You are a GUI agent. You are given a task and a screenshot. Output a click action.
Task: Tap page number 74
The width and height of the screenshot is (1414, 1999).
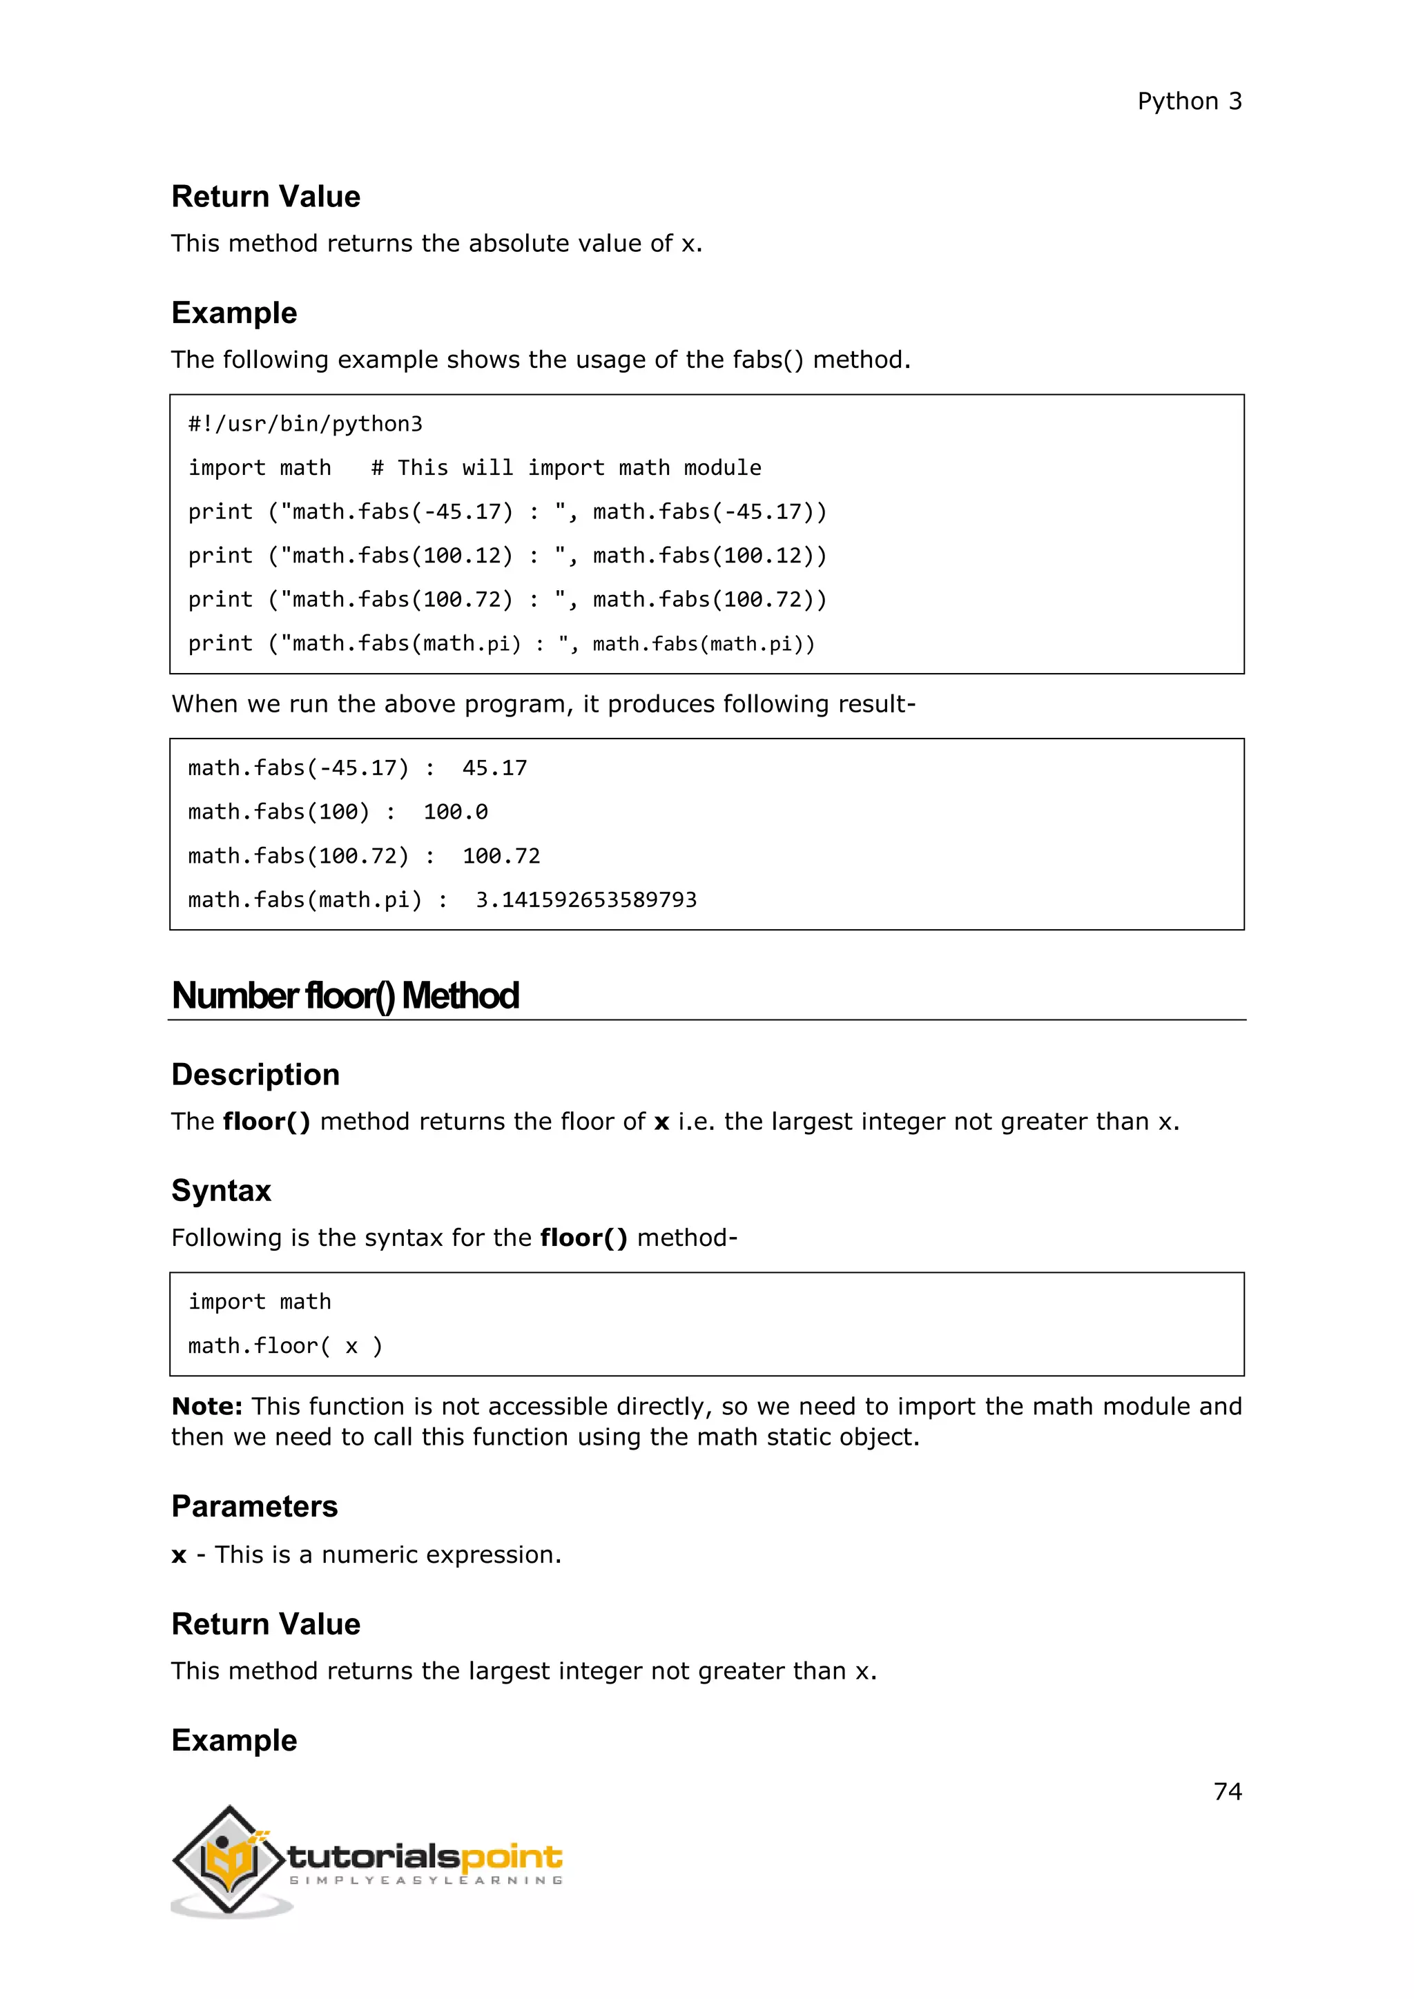pos(1227,1791)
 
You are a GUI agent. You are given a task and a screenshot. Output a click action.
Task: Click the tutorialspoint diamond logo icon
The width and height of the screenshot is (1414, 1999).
pos(229,1859)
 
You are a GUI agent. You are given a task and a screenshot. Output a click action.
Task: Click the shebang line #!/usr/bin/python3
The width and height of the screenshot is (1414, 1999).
pos(304,424)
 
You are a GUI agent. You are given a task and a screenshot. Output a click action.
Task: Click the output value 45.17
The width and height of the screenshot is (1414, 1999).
pos(494,768)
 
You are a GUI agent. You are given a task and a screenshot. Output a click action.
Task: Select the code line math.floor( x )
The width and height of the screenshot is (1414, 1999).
pos(284,1346)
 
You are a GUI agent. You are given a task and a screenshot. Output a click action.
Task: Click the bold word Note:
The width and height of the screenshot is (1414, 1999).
pos(206,1406)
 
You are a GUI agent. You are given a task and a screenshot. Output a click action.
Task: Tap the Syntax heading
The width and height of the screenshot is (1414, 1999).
pos(221,1190)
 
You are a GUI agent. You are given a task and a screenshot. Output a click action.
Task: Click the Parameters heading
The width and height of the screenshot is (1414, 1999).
pos(254,1506)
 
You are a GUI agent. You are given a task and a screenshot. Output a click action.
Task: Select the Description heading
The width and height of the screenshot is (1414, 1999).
pos(255,1074)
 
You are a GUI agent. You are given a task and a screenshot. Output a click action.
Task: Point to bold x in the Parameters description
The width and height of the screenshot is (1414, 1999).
pos(180,1555)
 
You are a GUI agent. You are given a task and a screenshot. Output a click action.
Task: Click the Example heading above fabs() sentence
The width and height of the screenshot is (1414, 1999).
pos(234,313)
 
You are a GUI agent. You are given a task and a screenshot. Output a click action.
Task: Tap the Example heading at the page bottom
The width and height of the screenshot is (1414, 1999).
pos(234,1739)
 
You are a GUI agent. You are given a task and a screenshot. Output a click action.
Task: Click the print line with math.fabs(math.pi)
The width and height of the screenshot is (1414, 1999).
pos(501,643)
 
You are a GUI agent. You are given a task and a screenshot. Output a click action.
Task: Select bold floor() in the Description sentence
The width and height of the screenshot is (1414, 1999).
pos(267,1122)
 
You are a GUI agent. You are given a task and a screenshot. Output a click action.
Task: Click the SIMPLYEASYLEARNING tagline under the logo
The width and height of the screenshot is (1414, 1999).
pos(425,1880)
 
